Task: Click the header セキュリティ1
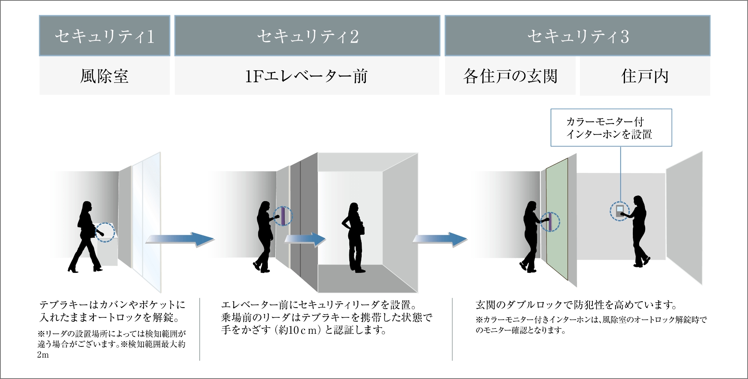coord(104,36)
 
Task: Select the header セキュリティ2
coord(307,36)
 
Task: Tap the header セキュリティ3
coord(577,36)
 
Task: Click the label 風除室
coord(104,76)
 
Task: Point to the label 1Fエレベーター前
coord(306,76)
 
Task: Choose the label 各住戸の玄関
coord(510,76)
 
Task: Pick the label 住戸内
coord(645,76)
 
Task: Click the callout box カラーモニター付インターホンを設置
coord(611,127)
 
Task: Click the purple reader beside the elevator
coord(283,216)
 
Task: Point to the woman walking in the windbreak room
coord(86,237)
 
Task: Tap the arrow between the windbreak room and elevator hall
coord(180,239)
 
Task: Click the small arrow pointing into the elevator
coord(305,239)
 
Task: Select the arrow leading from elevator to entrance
coord(440,239)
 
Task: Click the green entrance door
coord(557,219)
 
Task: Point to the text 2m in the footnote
coord(43,355)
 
